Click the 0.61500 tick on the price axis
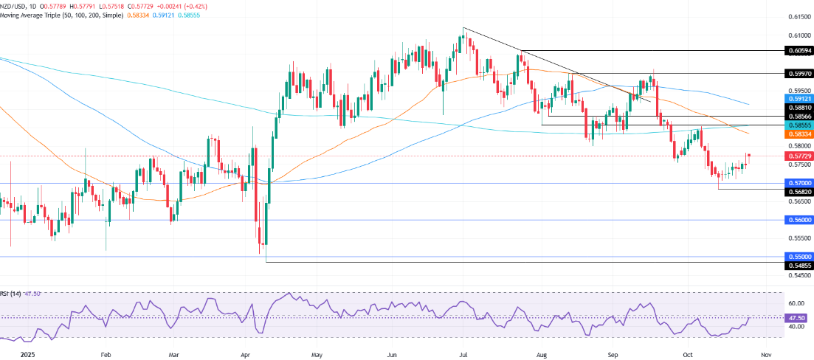pyautogui.click(x=797, y=16)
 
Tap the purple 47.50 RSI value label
pyautogui.click(x=797, y=317)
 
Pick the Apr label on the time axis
pyautogui.click(x=244, y=353)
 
